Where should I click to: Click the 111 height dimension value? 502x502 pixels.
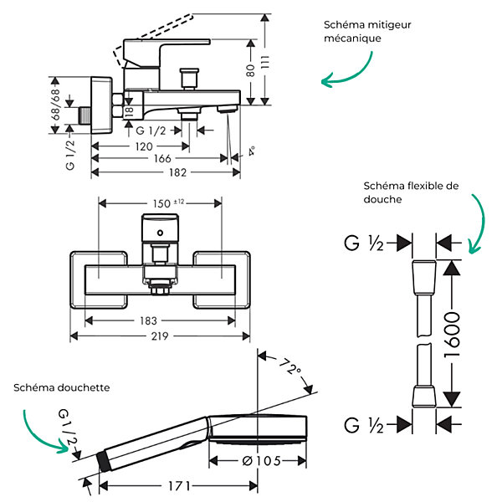(x=265, y=62)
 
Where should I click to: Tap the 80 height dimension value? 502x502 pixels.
(x=251, y=70)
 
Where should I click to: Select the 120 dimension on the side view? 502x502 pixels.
(x=144, y=146)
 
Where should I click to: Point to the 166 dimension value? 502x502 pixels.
(x=162, y=158)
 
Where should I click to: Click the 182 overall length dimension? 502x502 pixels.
(x=177, y=172)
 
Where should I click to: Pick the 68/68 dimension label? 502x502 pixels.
(x=55, y=105)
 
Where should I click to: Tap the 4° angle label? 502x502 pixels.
(x=252, y=151)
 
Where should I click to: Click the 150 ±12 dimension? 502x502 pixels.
(x=168, y=203)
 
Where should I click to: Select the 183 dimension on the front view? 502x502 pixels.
(x=148, y=320)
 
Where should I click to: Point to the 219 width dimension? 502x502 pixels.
(x=160, y=336)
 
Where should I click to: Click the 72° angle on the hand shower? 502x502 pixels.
(x=289, y=366)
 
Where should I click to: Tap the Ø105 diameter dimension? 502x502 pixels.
(x=262, y=461)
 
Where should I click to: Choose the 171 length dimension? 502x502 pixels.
(x=180, y=486)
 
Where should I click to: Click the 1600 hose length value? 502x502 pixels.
(x=452, y=336)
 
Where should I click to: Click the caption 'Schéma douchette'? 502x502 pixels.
(x=61, y=387)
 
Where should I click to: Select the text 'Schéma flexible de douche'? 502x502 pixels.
(x=411, y=192)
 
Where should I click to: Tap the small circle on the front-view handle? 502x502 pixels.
(x=160, y=233)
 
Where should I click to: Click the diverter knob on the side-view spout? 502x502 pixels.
(x=189, y=79)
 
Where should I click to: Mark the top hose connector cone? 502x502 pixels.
(x=424, y=278)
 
